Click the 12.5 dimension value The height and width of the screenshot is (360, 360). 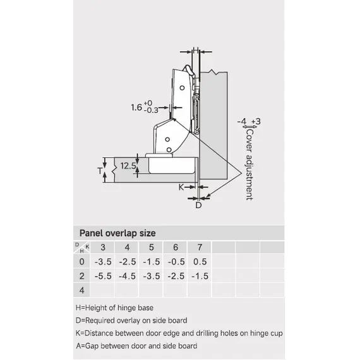128,165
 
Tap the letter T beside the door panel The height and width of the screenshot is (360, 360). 100,171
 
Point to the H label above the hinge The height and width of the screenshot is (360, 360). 196,50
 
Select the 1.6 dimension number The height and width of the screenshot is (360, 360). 136,107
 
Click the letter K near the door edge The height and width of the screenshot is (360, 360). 181,188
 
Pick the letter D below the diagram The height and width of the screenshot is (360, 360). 198,205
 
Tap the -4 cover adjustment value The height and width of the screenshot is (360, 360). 242,121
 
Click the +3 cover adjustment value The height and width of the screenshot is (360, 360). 256,121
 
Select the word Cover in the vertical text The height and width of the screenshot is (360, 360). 249,141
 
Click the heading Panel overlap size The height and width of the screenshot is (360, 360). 117,233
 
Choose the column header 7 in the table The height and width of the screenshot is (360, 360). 200,248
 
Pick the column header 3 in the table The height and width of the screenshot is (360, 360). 103,248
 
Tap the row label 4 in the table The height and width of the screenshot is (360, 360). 81,291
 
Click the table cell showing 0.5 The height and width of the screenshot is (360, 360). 200,261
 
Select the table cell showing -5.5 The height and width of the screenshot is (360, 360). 103,276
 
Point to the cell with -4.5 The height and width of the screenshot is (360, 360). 128,276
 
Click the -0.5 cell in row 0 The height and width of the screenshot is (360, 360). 176,261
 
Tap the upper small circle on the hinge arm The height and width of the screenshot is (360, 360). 182,88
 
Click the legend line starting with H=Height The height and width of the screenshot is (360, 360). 114,308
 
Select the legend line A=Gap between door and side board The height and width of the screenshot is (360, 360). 136,345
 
